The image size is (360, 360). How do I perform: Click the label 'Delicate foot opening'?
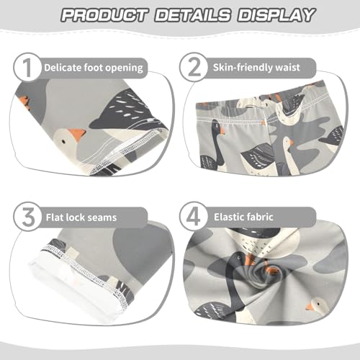[94, 68]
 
